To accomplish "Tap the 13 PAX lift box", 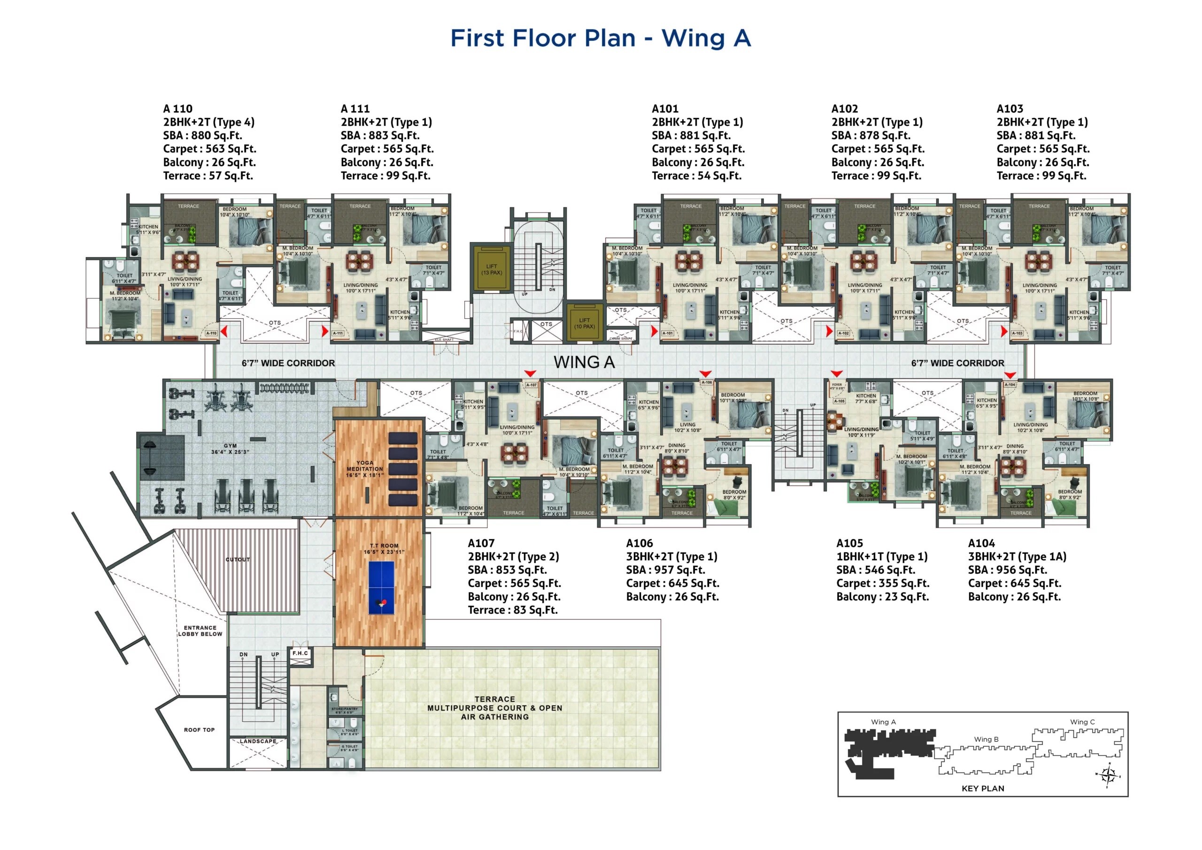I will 492,269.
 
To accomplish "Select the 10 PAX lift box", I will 584,323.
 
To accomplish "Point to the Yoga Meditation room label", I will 364,468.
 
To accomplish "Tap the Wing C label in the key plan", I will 1082,722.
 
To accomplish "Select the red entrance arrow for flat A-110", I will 224,331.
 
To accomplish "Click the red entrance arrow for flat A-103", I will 1003,331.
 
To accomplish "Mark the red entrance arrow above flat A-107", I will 530,373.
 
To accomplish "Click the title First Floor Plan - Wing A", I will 601,38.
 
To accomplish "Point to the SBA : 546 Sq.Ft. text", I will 875,570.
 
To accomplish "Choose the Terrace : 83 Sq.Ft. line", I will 513,610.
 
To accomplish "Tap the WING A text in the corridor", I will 584,362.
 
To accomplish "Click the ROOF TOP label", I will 199,730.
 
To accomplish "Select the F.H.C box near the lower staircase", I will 300,653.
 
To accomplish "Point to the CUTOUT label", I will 238,559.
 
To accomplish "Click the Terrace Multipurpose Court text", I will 495,708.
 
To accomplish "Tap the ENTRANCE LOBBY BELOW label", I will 200,631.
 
